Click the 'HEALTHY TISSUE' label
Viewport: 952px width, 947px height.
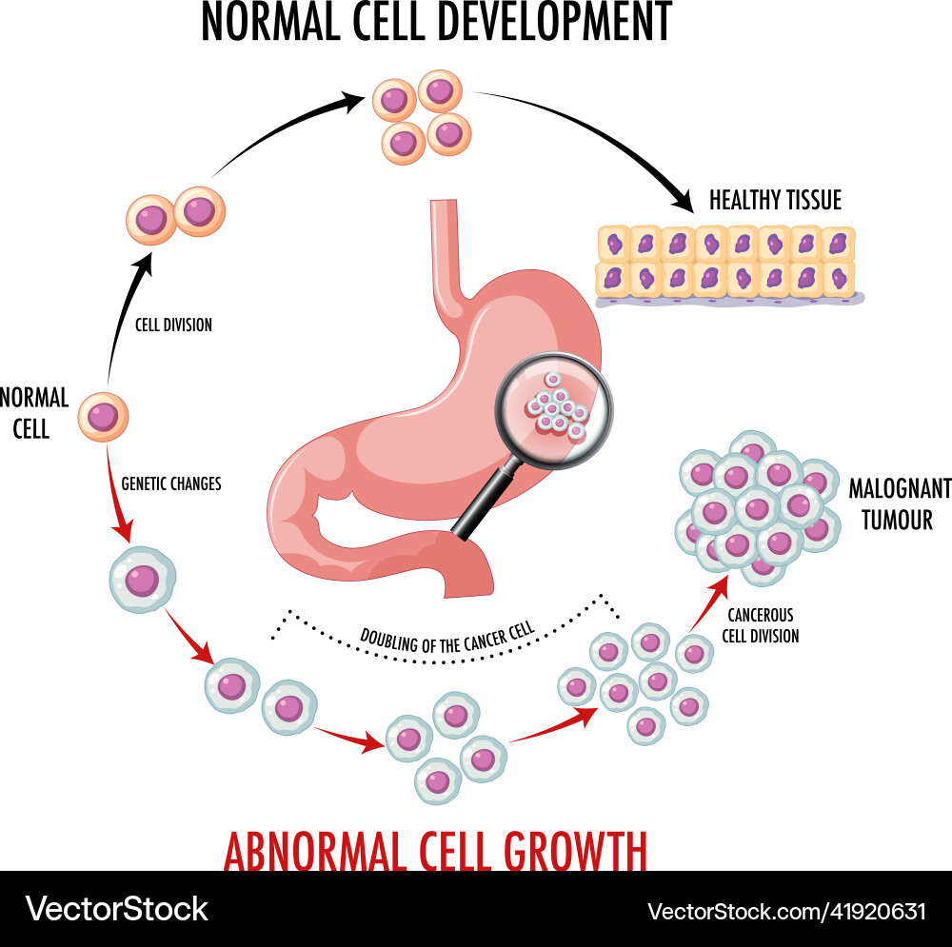pos(775,201)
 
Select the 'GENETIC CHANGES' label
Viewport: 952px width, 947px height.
pos(171,483)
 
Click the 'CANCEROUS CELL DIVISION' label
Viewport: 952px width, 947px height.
pos(760,625)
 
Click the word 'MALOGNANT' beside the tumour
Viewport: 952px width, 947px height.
pos(899,489)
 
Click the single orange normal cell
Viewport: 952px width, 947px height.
pos(103,417)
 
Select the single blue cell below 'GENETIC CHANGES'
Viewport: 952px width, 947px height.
pos(143,580)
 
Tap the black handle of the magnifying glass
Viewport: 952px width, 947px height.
pos(482,503)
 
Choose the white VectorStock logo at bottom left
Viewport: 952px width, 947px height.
pos(116,909)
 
